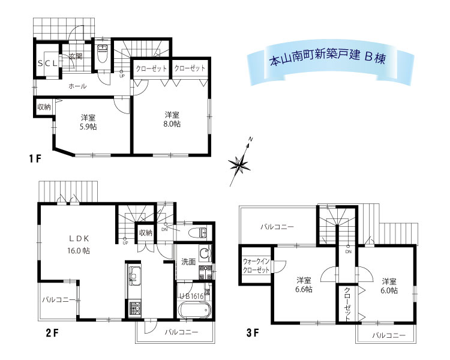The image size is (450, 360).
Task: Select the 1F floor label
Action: [35, 158]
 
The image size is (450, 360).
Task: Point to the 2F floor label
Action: [52, 333]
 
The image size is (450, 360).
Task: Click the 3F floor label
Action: [253, 333]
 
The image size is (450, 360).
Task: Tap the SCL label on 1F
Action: [47, 64]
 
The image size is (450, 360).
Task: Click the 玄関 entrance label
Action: [76, 56]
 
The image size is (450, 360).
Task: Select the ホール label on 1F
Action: [77, 86]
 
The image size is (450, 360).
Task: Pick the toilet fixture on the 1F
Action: [102, 53]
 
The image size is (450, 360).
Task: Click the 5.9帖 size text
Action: [88, 127]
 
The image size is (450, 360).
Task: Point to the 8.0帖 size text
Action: [172, 124]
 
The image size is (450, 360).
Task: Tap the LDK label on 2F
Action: [79, 238]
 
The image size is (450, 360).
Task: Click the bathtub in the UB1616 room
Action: [194, 310]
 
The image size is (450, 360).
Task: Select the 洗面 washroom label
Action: [188, 262]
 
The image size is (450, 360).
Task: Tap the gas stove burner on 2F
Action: [134, 308]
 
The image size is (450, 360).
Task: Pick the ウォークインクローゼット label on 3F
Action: [256, 266]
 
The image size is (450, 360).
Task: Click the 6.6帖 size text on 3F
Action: [304, 289]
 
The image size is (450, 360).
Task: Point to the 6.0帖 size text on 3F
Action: [389, 290]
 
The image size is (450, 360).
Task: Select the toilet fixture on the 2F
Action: [199, 232]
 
